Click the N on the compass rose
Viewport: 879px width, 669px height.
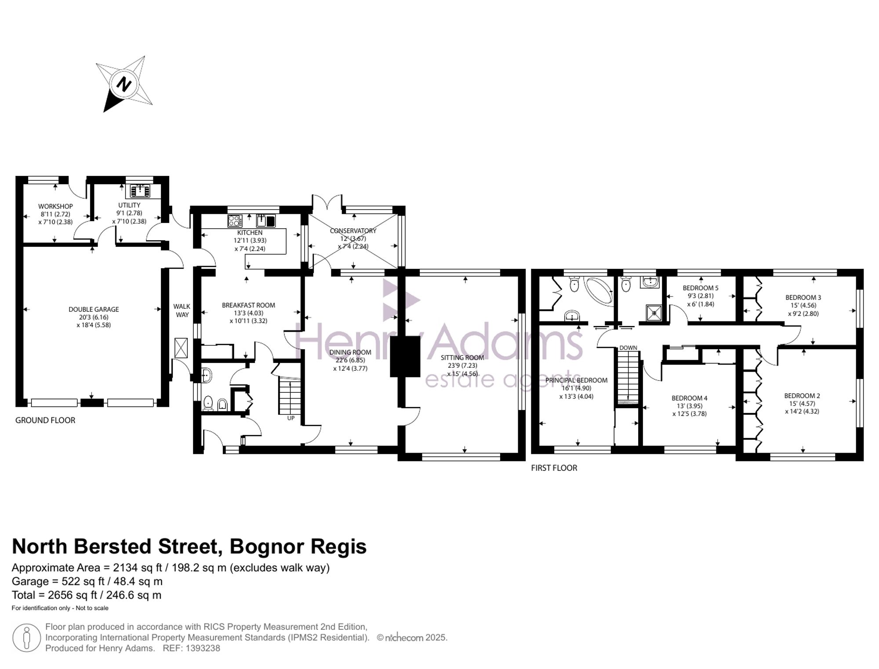[124, 84]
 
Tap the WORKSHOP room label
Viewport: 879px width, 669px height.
[55, 206]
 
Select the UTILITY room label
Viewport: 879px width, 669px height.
[129, 205]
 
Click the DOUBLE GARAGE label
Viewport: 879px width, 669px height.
[94, 309]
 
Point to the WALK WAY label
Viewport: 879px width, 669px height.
[182, 311]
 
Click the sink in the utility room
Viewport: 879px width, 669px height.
[140, 191]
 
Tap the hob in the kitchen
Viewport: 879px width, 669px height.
[235, 221]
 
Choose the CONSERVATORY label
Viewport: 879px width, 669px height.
[353, 230]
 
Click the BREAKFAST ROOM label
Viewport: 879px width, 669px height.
[248, 305]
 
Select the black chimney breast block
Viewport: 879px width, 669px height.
[405, 357]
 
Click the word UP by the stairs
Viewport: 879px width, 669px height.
[291, 418]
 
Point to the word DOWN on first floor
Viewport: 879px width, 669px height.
[628, 348]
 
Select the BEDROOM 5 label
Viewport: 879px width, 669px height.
[701, 288]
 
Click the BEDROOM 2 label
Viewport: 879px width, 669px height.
[802, 396]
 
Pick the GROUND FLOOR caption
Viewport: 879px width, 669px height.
[45, 420]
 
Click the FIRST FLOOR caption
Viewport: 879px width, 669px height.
[554, 468]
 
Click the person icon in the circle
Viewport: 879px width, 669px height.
[27, 638]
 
